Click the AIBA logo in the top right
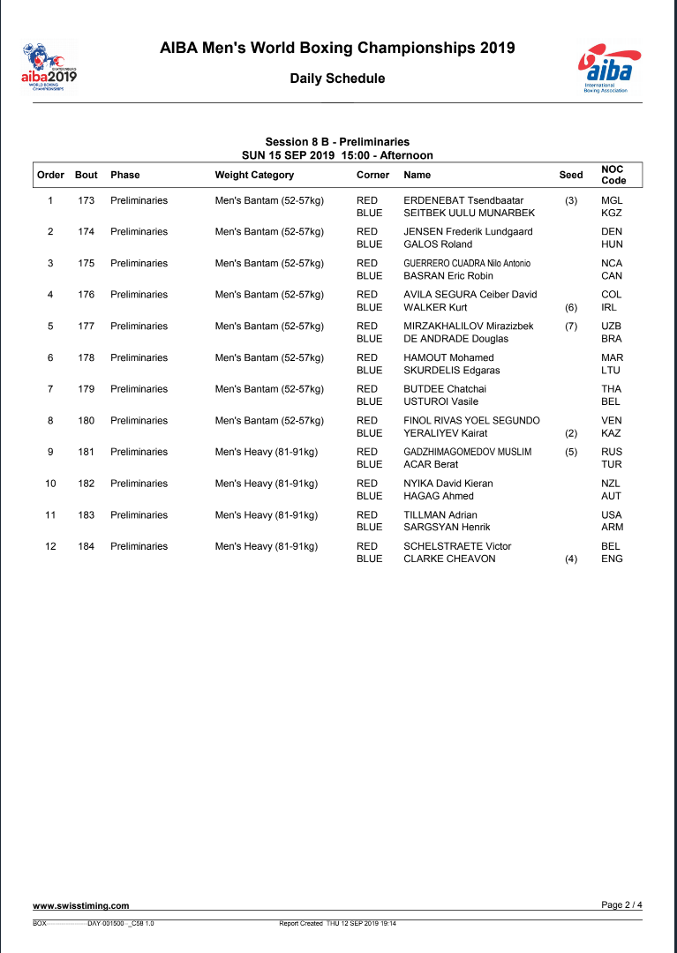pos(604,69)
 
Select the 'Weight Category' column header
pos(254,175)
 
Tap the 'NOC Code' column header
pos(613,175)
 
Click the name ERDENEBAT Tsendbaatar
pos(463,200)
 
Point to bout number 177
pos(86,326)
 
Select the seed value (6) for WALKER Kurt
pos(570,308)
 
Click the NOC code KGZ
pos(611,214)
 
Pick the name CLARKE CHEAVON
pos(449,559)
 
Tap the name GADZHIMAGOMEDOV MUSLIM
pos(467,452)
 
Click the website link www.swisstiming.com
pos(81,905)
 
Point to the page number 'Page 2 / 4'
pos(621,904)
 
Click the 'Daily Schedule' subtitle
pos(337,79)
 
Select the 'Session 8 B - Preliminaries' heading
pos(337,142)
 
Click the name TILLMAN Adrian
pos(440,515)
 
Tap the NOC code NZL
pos(611,484)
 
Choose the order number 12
pos(50,546)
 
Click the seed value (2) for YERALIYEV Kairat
pos(570,434)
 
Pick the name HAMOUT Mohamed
pos(448,357)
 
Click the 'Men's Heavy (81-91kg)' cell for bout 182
pos(267,484)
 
